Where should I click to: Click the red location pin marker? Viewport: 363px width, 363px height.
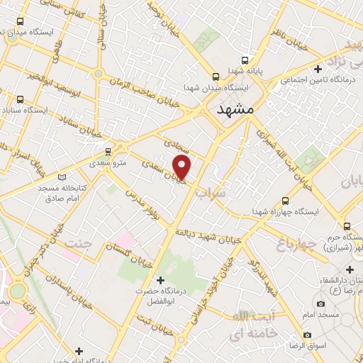coord(182,167)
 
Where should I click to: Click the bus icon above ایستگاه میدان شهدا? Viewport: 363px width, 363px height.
coord(216,77)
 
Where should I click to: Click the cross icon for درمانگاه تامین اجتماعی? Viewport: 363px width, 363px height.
coord(318,69)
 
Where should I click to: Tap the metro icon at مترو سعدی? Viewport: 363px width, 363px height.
coord(108,151)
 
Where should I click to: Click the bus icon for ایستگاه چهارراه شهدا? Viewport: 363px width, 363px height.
coord(285,201)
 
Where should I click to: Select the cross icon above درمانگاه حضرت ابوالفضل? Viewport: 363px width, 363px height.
coord(161,280)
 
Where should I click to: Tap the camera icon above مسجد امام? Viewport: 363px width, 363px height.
coord(320,303)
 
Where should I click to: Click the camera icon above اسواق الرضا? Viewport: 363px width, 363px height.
coord(307,335)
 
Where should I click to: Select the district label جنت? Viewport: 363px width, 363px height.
coord(78,245)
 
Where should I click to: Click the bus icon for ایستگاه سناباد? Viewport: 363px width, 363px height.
coord(19,99)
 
